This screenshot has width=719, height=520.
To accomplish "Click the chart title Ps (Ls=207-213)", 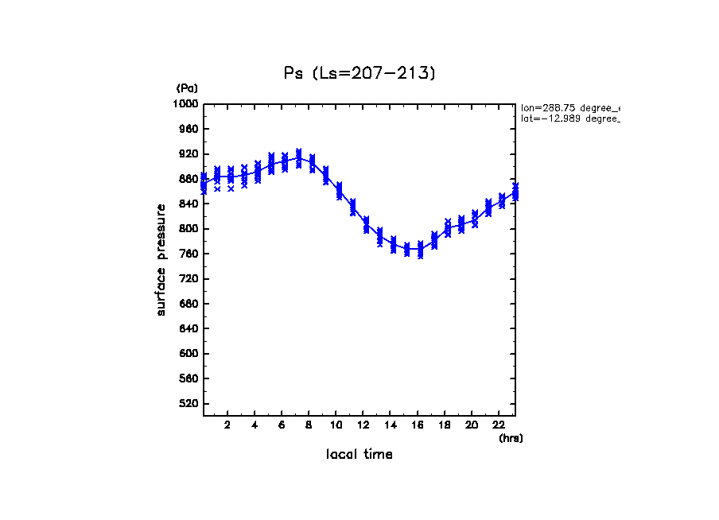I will pos(359,73).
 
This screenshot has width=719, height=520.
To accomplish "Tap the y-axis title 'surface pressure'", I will pos(161,259).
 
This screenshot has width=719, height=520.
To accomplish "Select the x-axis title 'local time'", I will pos(359,455).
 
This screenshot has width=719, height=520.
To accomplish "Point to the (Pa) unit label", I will pos(187,88).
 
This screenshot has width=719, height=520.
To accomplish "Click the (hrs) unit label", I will pos(511,438).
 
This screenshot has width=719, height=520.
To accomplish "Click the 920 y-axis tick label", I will pos(188,154).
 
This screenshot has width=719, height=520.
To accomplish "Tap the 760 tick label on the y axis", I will pos(188,254).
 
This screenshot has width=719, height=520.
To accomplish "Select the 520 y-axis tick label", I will pos(188,404).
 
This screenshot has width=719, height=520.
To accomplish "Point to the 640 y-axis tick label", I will pos(188,329).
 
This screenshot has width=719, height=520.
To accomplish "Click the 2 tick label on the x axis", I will pos(227,425).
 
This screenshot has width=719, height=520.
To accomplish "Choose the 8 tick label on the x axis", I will pos(309,425).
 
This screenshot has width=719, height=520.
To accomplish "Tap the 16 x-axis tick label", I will pos(417,425).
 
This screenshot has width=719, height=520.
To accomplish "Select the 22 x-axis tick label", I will pos(498,425).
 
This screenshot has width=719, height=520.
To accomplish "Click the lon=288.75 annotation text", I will pos(569,107).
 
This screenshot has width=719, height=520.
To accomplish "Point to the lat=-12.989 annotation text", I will pos(569,118).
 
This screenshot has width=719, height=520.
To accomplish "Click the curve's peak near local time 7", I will pos(298,157).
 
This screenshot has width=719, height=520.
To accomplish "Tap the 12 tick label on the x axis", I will pos(363,425).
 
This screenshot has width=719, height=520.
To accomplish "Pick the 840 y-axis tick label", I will pos(188,204).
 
